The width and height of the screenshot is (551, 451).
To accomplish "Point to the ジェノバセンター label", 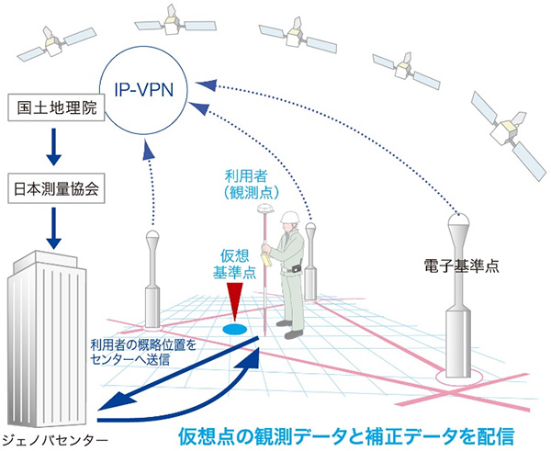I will click(54, 437).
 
